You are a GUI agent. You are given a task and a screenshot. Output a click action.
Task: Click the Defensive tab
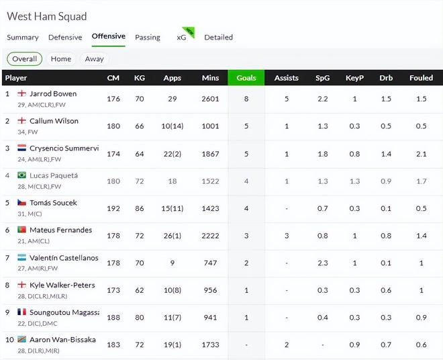[65, 38]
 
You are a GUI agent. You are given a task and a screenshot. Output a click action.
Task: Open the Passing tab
[147, 38]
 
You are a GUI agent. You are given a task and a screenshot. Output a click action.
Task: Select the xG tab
[181, 38]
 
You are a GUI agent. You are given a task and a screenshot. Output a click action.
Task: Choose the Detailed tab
[218, 38]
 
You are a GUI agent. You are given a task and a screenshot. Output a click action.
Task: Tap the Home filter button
[60, 59]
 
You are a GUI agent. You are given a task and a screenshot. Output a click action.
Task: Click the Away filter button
[94, 59]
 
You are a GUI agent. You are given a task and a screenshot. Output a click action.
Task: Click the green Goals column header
[246, 78]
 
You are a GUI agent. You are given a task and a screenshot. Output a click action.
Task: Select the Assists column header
[287, 78]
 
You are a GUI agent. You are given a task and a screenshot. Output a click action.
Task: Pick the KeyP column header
[354, 78]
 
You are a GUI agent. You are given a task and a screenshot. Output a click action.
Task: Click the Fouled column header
[421, 78]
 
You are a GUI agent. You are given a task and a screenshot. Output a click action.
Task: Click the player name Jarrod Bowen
[53, 94]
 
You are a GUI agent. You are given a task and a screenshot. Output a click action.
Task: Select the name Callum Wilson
[54, 121]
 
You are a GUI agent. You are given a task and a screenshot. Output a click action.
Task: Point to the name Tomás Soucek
[53, 203]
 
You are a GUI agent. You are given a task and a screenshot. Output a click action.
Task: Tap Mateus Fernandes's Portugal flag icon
[21, 230]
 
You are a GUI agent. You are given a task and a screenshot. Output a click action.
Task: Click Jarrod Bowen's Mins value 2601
[210, 99]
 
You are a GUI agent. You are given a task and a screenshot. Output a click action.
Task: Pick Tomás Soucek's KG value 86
[140, 208]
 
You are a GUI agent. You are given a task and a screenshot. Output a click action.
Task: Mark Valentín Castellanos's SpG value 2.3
[322, 263]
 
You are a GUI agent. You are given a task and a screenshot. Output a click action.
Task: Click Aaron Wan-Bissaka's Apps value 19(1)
[172, 345]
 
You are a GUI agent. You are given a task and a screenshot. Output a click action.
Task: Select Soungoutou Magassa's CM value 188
[113, 317]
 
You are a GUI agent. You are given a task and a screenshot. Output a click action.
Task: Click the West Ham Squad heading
[46, 16]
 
